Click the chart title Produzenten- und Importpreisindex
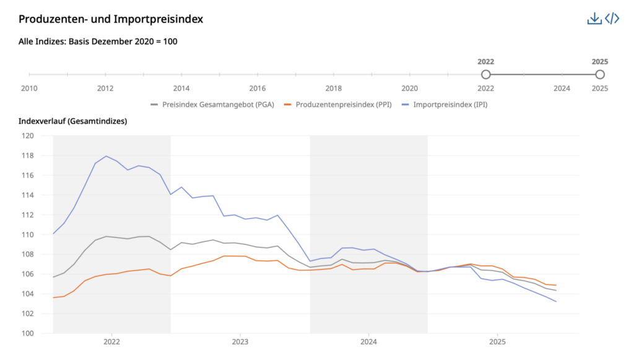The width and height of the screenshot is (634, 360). (111, 19)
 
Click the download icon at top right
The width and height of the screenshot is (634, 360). (594, 19)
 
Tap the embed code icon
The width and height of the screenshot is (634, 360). (612, 19)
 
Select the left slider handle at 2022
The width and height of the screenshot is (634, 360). (486, 74)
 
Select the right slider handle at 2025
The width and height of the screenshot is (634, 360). (599, 74)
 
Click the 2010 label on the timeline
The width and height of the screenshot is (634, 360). (29, 89)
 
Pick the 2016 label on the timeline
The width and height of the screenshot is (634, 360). (258, 89)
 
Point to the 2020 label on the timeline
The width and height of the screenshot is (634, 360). (410, 89)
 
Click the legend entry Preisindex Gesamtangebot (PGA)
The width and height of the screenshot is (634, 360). (214, 104)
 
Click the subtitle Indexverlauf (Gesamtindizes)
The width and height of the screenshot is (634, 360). (72, 121)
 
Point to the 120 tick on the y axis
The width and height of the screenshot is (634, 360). (27, 136)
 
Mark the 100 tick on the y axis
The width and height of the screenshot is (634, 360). (27, 333)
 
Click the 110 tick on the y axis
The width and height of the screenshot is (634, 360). (27, 235)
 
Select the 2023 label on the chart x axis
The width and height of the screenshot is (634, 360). (240, 341)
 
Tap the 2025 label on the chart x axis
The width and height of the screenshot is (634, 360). (497, 341)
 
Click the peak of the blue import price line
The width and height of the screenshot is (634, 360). (106, 156)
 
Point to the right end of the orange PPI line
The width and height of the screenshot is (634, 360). (556, 285)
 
